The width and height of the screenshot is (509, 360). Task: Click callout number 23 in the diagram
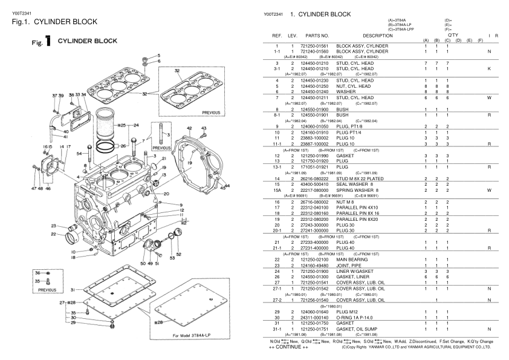[x=53, y=226]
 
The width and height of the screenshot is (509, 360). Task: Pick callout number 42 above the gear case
[x=189, y=128]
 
